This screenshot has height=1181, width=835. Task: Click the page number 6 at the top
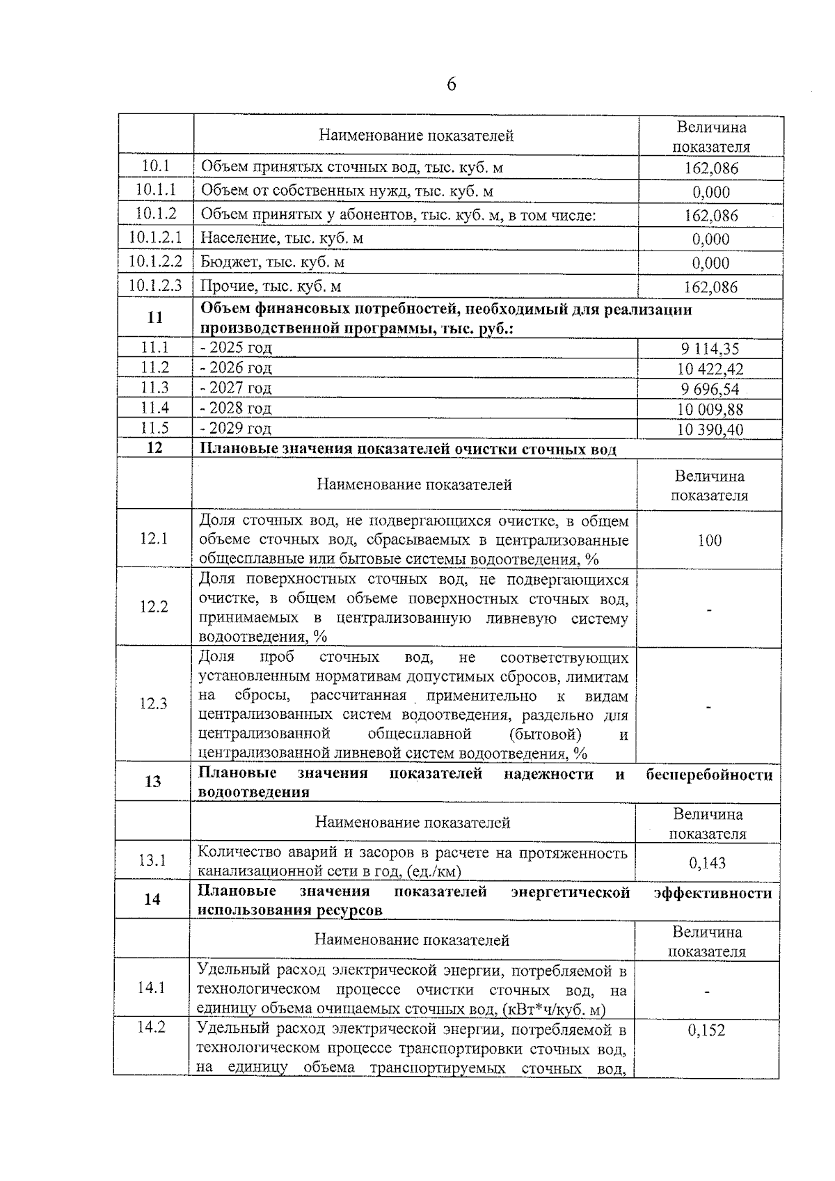click(451, 84)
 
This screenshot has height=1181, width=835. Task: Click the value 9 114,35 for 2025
click(710, 349)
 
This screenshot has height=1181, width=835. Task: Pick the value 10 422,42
click(710, 370)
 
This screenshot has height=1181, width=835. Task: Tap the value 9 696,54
click(710, 390)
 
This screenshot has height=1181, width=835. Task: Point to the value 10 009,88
click(710, 410)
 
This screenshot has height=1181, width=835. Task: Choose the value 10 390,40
click(710, 430)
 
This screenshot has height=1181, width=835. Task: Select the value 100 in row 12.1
click(709, 540)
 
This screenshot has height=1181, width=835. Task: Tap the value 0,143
click(707, 863)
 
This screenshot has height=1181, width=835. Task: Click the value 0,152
click(706, 1031)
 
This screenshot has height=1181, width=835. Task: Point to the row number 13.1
click(152, 860)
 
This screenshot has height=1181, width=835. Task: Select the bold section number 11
click(155, 317)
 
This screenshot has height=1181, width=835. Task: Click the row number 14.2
click(151, 1027)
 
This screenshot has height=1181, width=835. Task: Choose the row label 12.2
click(154, 607)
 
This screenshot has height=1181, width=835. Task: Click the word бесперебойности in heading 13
click(708, 775)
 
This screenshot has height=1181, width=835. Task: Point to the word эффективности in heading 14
click(713, 892)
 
